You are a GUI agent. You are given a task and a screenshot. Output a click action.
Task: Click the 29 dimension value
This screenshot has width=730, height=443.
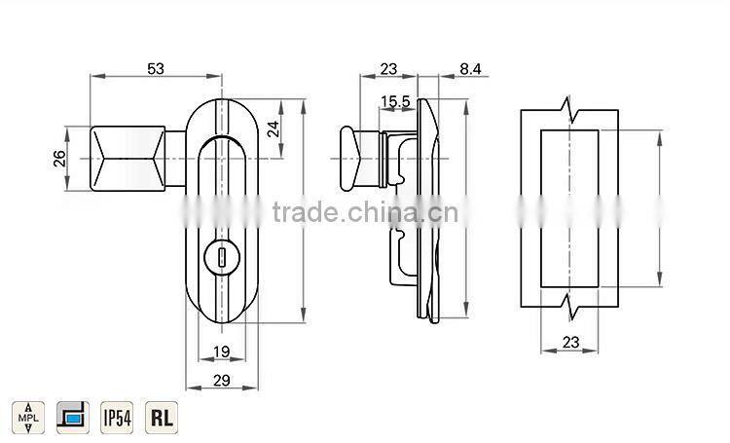point(222,381)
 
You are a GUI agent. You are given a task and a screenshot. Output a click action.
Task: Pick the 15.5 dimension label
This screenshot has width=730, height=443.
point(394,101)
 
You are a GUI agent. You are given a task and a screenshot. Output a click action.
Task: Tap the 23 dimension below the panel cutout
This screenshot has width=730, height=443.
point(571,342)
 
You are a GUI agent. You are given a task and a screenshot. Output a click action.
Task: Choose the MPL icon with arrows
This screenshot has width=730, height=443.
point(28,417)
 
